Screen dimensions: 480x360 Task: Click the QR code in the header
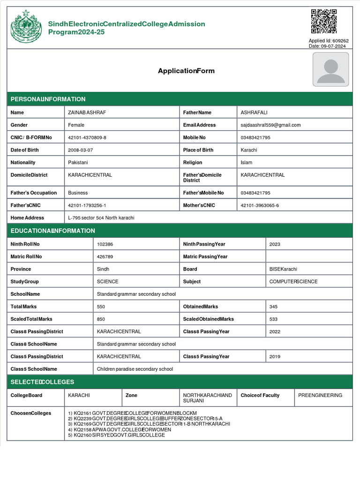coord(324,22)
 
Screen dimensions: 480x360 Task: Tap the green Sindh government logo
coord(26,26)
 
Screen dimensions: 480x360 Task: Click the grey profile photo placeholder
coord(331,69)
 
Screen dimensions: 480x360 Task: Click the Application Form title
coord(186,71)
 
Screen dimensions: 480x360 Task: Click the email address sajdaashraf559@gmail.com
coord(270,125)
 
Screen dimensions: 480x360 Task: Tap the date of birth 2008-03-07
coord(81,150)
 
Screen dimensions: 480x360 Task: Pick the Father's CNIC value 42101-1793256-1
coord(87,205)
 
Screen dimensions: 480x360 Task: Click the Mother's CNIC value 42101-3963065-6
coord(260,205)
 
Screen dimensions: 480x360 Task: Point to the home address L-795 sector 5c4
coord(101,218)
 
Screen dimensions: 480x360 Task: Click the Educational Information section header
coord(53,231)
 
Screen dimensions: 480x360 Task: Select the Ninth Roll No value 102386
coord(105,244)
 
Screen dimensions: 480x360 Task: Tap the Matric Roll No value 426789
coord(105,257)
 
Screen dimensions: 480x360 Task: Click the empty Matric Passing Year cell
coord(309,257)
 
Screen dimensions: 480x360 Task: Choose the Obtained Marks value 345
coord(273,307)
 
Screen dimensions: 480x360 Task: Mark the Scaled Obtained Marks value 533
coord(273,319)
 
